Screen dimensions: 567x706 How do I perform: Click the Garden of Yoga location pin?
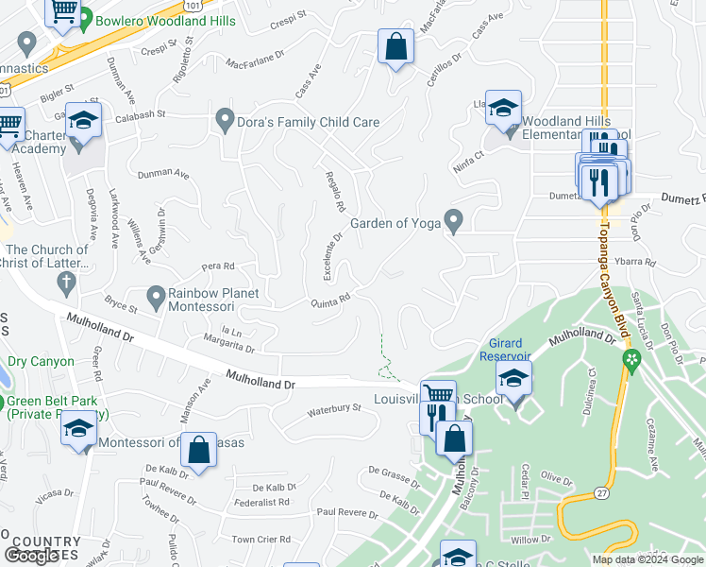[454, 222]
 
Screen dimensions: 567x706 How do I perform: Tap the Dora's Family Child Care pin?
[225, 121]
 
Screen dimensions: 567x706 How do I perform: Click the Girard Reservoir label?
[511, 350]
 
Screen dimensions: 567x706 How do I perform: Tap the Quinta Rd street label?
[331, 301]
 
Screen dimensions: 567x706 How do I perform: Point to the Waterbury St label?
[334, 410]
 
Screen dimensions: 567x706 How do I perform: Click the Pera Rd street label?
[217, 266]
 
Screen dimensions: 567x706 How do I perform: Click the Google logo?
[32, 556]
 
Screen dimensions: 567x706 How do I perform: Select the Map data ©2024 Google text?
[647, 559]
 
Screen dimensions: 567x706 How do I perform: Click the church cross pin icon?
[66, 281]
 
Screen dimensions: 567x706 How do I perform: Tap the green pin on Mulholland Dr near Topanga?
[631, 359]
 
